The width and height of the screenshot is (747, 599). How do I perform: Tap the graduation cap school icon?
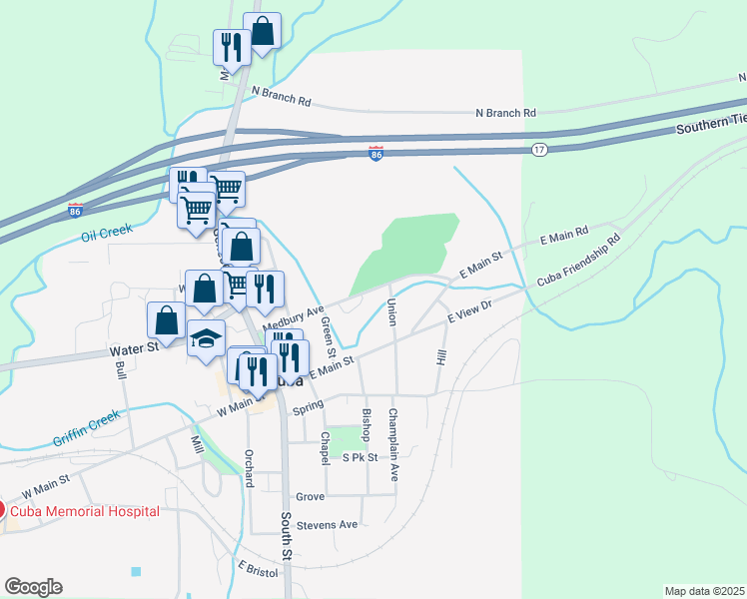(207, 338)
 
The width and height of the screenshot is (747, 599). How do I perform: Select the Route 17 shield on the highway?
(539, 150)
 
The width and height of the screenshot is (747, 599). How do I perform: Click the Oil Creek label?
(106, 237)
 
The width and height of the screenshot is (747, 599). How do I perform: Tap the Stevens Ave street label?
(334, 524)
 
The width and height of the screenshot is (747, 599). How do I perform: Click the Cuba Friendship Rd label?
(579, 261)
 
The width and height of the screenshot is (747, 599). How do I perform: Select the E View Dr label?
(470, 314)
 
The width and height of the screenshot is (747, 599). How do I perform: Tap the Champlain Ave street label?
(393, 432)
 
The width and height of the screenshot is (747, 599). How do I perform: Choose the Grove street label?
(311, 496)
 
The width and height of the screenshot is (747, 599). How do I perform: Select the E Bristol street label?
(257, 566)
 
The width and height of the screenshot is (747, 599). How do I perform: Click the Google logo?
(33, 587)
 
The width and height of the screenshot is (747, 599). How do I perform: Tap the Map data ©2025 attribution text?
(704, 590)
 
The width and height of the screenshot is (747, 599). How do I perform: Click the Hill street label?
(440, 356)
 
